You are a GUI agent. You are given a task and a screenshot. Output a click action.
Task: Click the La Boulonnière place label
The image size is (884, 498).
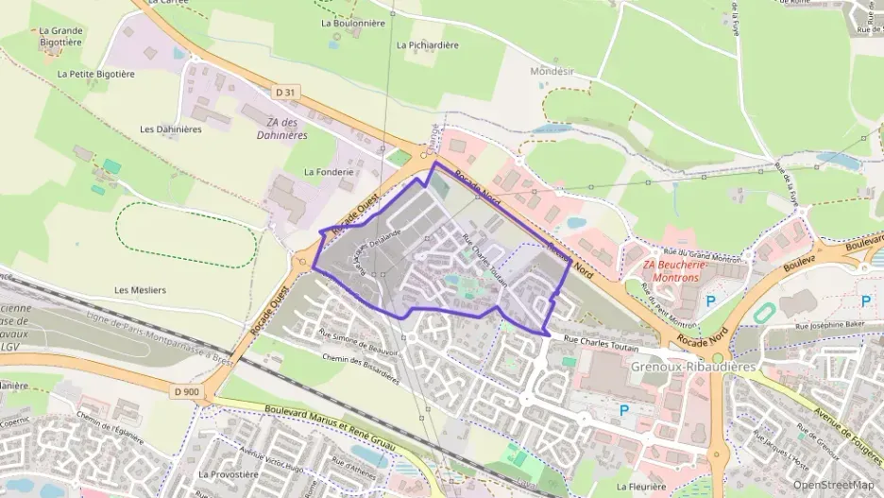pyautogui.click(x=353, y=23)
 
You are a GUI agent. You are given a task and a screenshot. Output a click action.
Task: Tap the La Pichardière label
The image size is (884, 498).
pyautogui.click(x=428, y=44)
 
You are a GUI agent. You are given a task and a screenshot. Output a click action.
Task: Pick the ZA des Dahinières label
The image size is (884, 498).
pyautogui.click(x=282, y=129)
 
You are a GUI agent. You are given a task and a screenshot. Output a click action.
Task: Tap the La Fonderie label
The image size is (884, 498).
pyautogui.click(x=329, y=172)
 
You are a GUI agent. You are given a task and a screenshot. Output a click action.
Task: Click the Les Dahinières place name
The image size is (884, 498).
pyautogui.click(x=170, y=129)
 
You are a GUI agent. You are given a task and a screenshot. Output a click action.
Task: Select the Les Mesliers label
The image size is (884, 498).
pyautogui.click(x=140, y=289)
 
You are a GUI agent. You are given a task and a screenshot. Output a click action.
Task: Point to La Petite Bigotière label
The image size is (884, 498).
pyautogui.click(x=95, y=73)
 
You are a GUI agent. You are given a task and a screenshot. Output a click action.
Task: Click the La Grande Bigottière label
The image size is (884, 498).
pyautogui.click(x=61, y=36)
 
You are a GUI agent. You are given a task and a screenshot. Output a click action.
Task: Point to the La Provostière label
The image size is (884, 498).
pyautogui.click(x=228, y=473)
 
